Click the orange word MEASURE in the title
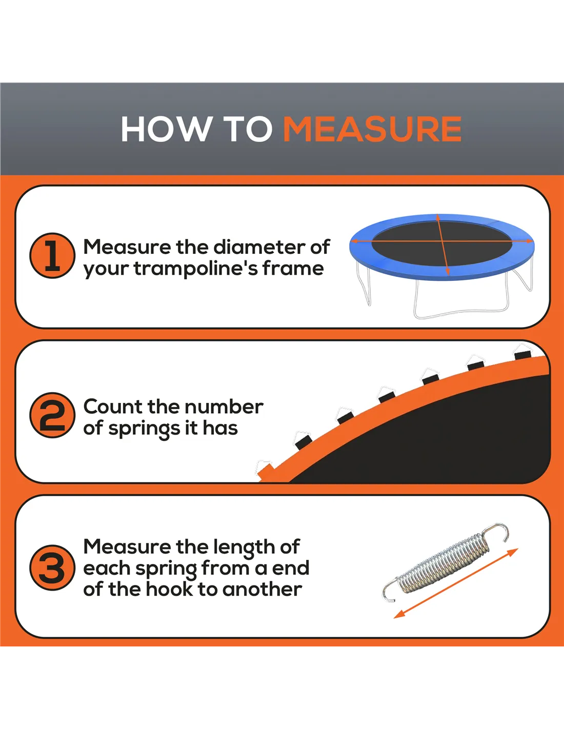pyautogui.click(x=372, y=129)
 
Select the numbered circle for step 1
pyautogui.click(x=52, y=256)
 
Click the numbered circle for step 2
pyautogui.click(x=52, y=415)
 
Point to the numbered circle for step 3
pyautogui.click(x=52, y=568)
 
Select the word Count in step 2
pyautogui.click(x=113, y=407)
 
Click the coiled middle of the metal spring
pyautogui.click(x=443, y=560)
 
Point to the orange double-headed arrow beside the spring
pyautogui.click(x=456, y=583)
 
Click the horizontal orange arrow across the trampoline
pyautogui.click(x=441, y=241)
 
